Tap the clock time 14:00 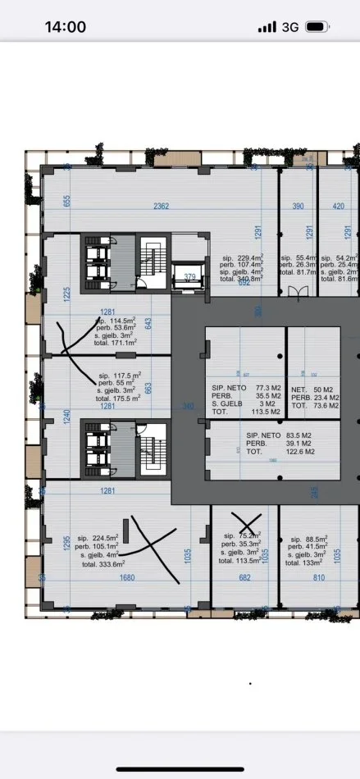[x=65, y=26]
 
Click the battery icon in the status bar [x=317, y=27]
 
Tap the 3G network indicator [x=289, y=27]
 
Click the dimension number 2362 [x=160, y=206]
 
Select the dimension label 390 [x=299, y=206]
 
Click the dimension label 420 [x=339, y=206]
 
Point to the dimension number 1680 [x=124, y=577]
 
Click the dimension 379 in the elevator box [x=189, y=276]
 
